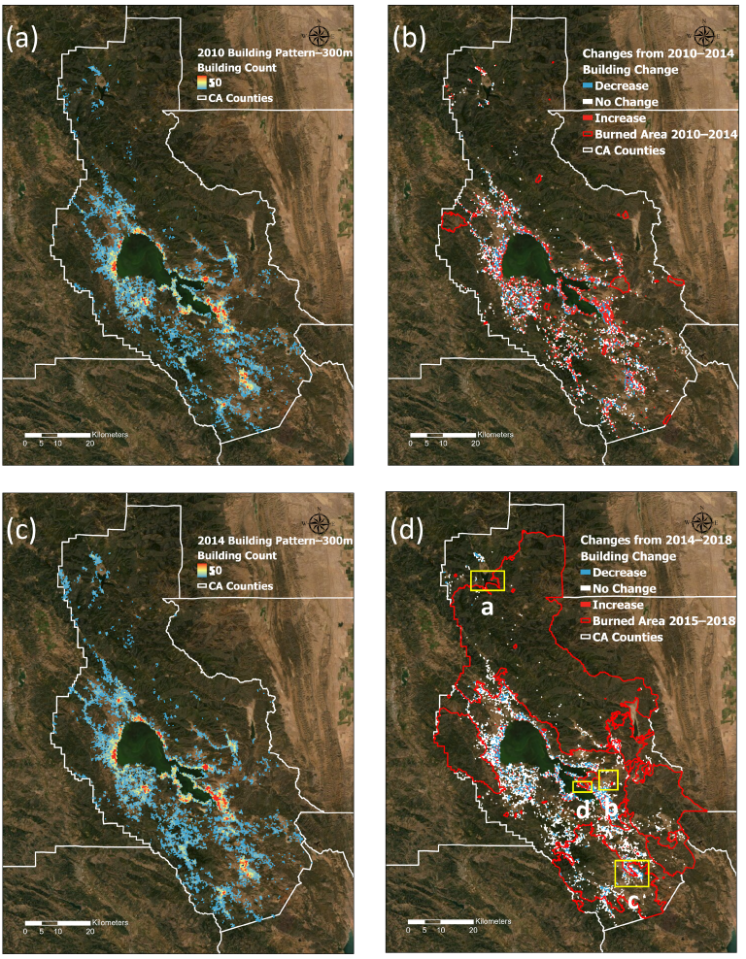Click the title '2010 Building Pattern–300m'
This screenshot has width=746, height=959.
click(274, 52)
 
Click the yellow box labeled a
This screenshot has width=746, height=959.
click(487, 580)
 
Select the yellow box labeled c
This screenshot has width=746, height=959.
click(632, 873)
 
